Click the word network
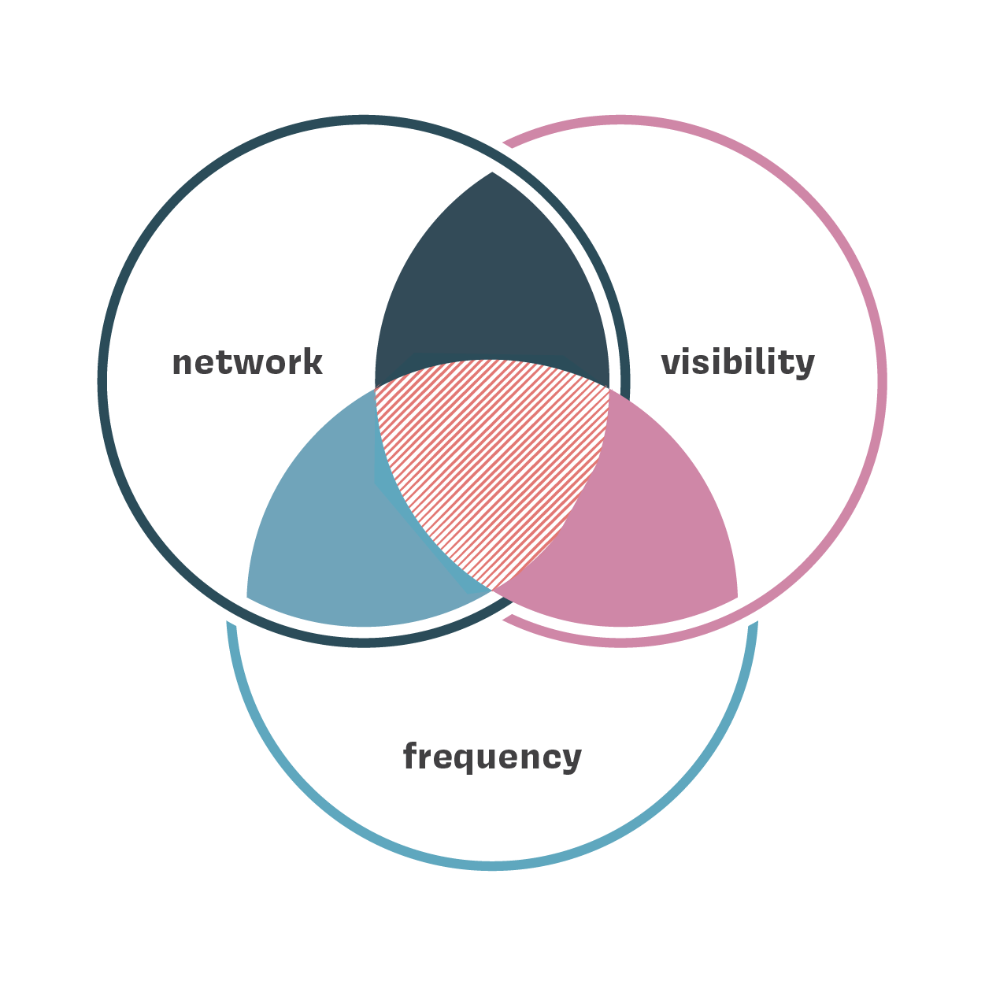tap(247, 363)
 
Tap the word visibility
tap(738, 363)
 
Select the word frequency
tap(492, 757)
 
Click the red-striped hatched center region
tap(492, 465)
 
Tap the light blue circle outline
tap(492, 865)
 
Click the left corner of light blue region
tap(249, 595)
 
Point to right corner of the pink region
tap(736, 595)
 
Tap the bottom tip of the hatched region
tap(492, 587)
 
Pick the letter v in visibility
tap(670, 364)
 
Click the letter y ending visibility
tap(804, 367)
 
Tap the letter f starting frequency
tap(410, 756)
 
